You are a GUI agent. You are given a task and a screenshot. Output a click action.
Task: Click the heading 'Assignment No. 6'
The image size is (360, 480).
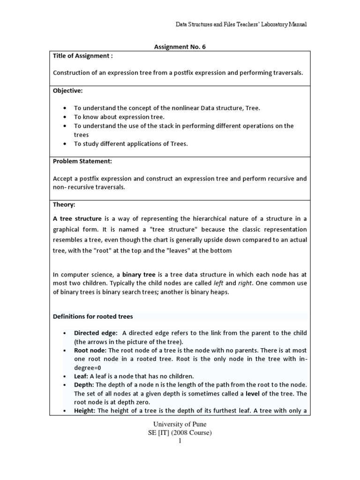[180, 47]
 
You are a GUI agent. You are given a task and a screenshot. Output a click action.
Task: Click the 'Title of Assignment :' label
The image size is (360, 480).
[83, 56]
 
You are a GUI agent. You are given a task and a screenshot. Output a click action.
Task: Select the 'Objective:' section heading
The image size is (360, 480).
[67, 90]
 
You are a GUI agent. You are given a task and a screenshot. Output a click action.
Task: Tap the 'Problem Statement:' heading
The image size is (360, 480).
[82, 161]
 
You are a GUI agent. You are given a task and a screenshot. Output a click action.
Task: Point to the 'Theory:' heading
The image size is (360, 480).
[64, 205]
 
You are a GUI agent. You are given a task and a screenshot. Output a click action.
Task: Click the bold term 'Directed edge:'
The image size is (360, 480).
[96, 333]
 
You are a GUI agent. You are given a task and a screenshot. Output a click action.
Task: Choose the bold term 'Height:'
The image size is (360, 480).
[85, 411]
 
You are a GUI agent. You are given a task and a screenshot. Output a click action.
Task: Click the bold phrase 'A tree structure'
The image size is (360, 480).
[77, 219]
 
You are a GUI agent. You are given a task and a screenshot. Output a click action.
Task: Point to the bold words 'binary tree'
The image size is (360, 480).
[139, 274]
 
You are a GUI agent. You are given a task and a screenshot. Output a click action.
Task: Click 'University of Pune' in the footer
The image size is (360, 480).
[180, 425]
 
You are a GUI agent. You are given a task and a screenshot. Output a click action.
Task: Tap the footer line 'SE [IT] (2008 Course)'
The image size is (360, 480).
[180, 433]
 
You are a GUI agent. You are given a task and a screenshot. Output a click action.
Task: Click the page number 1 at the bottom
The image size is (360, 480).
[180, 441]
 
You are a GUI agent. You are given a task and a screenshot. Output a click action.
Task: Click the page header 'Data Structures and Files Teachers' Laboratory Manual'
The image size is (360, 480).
[241, 24]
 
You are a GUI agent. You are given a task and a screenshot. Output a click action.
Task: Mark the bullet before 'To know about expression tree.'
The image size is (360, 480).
[64, 117]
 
